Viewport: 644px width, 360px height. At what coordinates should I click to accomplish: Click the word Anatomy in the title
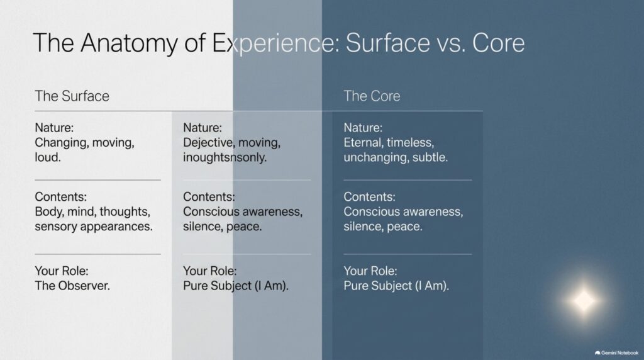(x=128, y=43)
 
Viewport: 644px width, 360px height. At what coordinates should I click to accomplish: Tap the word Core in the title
(x=498, y=43)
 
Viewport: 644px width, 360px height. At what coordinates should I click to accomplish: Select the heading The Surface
(x=72, y=96)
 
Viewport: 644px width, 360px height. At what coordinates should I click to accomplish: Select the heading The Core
(x=372, y=96)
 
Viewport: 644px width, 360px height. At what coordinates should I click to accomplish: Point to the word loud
(x=48, y=157)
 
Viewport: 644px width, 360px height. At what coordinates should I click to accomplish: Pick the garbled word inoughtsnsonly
(x=225, y=157)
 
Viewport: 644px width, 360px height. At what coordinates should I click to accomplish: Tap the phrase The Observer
(x=72, y=286)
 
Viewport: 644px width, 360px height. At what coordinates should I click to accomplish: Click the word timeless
(x=410, y=143)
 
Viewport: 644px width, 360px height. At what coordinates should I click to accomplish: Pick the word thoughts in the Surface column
(x=125, y=212)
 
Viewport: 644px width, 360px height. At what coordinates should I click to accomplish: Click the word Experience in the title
(x=275, y=43)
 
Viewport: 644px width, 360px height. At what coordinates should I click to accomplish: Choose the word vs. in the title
(x=451, y=43)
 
